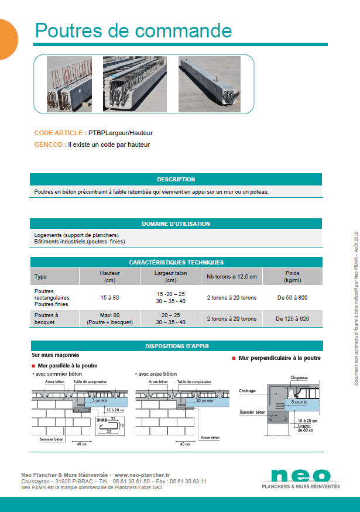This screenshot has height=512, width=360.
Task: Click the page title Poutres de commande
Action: pyautogui.click(x=133, y=30)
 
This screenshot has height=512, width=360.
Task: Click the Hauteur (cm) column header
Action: pyautogui.click(x=110, y=277)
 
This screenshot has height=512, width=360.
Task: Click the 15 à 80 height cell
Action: pyautogui.click(x=110, y=297)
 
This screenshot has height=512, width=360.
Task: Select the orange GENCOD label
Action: pyautogui.click(x=50, y=144)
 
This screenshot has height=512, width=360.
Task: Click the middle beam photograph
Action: pyautogui.click(x=134, y=83)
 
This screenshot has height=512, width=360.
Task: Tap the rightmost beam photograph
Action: pyautogui.click(x=210, y=83)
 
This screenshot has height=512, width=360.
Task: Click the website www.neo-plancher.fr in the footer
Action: pyautogui.click(x=142, y=475)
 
